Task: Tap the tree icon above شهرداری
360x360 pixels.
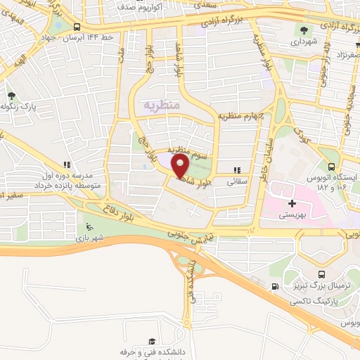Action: (x=304, y=30)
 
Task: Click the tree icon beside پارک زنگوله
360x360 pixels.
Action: (x=11, y=96)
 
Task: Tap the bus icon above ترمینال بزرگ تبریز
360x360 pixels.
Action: (x=321, y=275)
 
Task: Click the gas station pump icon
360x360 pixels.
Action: (x=275, y=286)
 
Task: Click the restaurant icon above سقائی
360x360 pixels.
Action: (x=237, y=169)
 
